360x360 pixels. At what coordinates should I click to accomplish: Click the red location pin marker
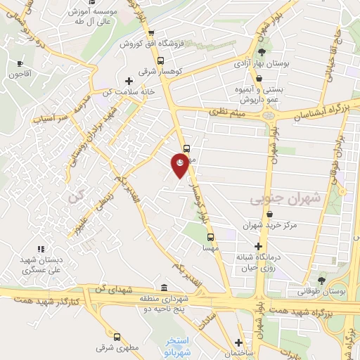[181, 165]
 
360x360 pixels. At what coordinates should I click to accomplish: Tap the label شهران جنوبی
[285, 200]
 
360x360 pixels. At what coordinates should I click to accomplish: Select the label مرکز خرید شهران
[267, 225]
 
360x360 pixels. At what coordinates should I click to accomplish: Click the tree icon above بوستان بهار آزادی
[262, 51]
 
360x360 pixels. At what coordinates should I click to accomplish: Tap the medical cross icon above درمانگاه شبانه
[259, 246]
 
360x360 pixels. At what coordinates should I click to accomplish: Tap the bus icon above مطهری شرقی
[116, 335]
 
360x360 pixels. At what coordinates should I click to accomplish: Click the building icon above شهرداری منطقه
[164, 287]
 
